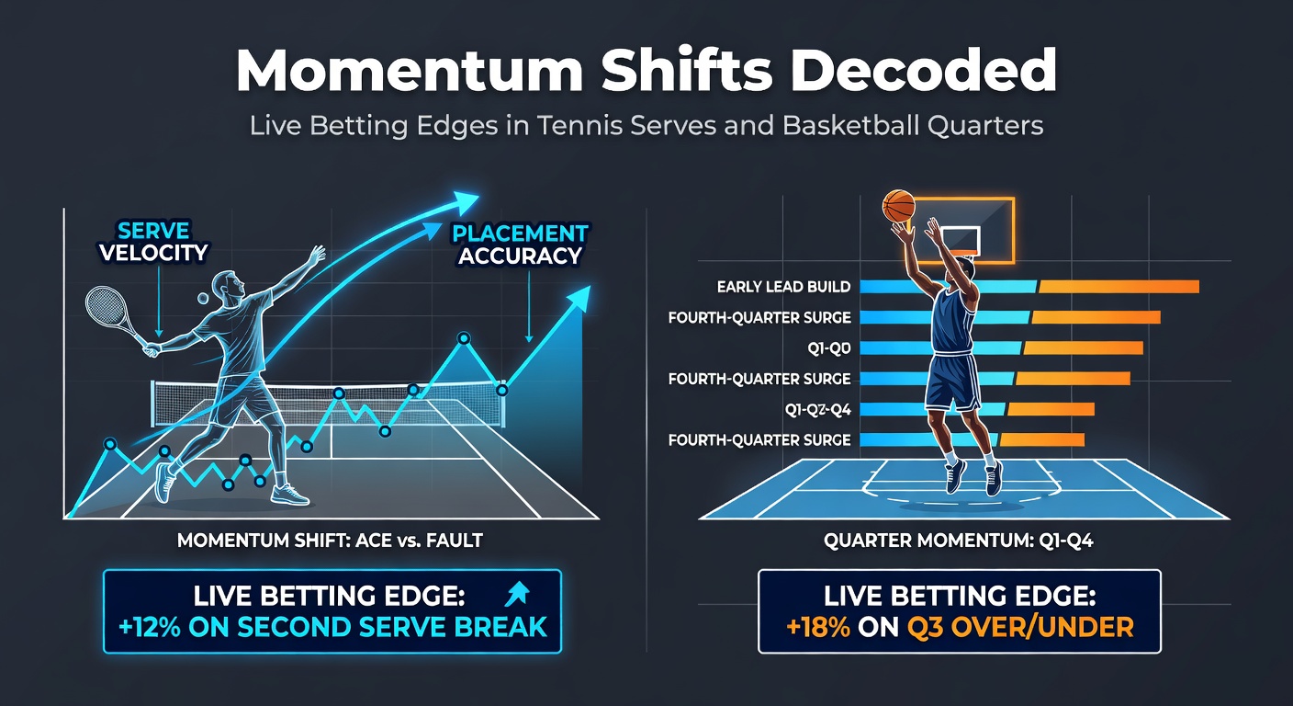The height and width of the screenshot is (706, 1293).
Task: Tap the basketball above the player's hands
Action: (x=899, y=206)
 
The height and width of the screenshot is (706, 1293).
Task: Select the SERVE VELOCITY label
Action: (x=153, y=242)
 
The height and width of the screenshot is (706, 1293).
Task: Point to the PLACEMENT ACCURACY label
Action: (x=520, y=245)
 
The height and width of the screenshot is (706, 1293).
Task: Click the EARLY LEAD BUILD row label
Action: (x=783, y=287)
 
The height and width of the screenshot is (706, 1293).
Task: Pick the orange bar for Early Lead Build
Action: (x=1119, y=287)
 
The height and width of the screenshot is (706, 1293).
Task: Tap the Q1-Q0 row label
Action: (x=829, y=347)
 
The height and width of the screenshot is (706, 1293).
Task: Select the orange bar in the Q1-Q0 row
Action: (x=1083, y=347)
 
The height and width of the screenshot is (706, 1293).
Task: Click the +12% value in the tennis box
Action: (x=150, y=627)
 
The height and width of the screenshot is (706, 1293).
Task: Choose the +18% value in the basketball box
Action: (x=818, y=627)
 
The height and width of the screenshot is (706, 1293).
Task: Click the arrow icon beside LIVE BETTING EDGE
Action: (x=517, y=594)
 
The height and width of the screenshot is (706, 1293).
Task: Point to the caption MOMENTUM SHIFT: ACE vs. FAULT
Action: (x=330, y=541)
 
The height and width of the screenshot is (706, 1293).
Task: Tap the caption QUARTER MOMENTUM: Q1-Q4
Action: (x=958, y=541)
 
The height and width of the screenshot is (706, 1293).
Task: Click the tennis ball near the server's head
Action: (x=203, y=298)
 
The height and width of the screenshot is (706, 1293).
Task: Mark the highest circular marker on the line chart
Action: (x=464, y=338)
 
